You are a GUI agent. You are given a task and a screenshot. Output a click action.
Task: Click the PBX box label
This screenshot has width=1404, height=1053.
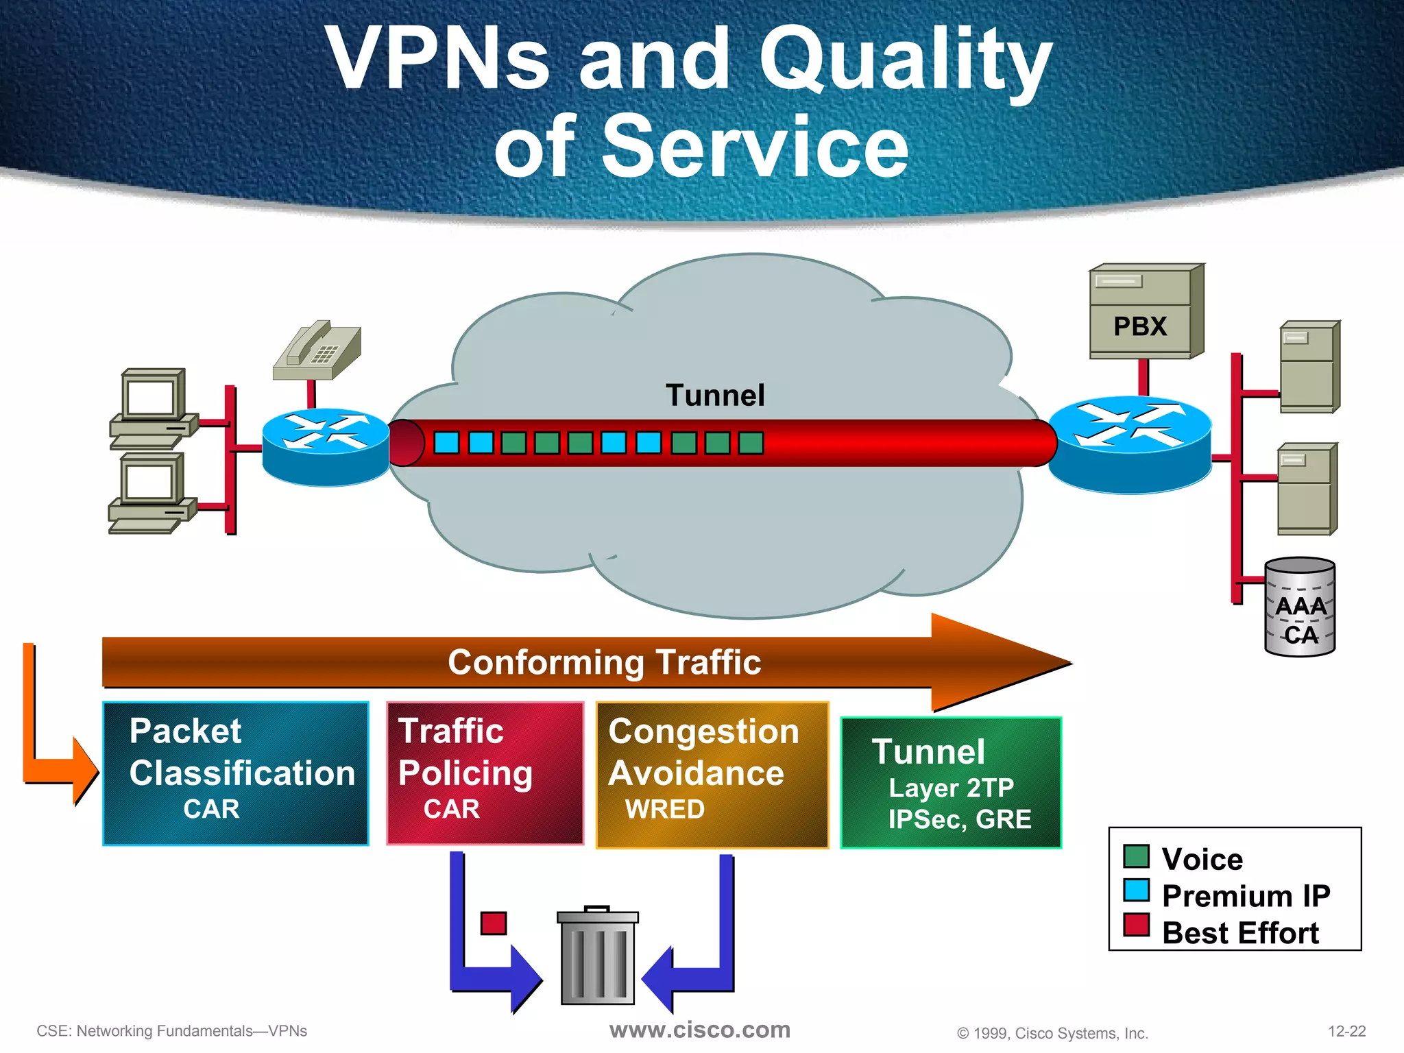(x=1140, y=326)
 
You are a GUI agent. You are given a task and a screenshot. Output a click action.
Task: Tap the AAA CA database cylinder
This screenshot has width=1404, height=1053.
(x=1299, y=607)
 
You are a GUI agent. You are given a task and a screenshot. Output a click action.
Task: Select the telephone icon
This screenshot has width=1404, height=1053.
(x=318, y=350)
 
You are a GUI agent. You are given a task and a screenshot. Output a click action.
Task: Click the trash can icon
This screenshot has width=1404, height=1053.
(x=597, y=956)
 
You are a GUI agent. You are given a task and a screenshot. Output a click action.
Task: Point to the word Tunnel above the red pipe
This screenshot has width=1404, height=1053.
(x=714, y=396)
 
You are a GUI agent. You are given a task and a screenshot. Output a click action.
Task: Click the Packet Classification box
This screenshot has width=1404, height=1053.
(x=236, y=773)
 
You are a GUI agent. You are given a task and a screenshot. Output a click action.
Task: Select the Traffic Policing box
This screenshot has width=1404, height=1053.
(x=485, y=773)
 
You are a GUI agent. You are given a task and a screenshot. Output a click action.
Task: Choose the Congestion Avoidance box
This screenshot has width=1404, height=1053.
(x=712, y=775)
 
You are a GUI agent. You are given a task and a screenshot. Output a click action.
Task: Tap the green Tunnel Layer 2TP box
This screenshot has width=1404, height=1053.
(x=951, y=783)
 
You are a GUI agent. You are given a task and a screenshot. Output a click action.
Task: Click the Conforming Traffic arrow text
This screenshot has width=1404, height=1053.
(x=604, y=662)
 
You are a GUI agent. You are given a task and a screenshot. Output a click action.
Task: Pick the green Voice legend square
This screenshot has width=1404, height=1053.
(x=1136, y=856)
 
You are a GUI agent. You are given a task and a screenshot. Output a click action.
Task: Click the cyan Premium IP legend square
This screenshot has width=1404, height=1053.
(x=1136, y=891)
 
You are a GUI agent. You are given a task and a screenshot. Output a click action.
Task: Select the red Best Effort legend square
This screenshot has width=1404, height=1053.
(x=1136, y=925)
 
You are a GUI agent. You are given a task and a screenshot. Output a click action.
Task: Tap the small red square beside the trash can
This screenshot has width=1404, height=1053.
(x=494, y=923)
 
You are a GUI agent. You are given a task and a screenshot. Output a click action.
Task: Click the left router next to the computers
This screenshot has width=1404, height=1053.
(x=326, y=447)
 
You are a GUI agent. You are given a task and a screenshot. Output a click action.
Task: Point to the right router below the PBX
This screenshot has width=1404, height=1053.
(x=1130, y=444)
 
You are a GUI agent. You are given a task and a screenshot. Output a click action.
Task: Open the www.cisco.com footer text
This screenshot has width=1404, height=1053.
(x=699, y=1030)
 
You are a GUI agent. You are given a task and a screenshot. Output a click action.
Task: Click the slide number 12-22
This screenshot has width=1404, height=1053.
(x=1346, y=1031)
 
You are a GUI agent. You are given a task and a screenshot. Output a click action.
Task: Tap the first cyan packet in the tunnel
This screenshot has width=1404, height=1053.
(x=446, y=443)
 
